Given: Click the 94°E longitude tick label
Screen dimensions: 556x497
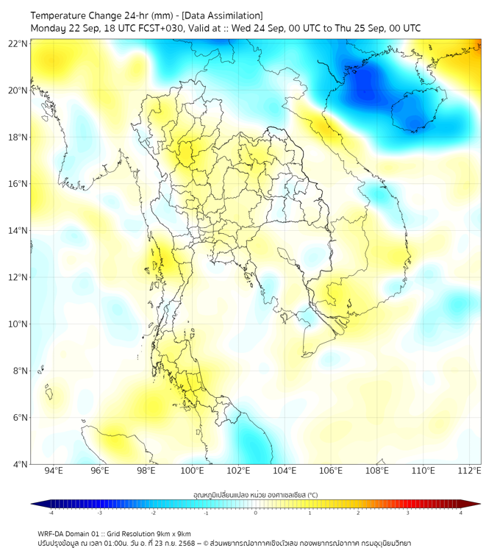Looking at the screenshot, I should click(54, 471).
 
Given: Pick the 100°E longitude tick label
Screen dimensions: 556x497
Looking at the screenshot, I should click(192, 471).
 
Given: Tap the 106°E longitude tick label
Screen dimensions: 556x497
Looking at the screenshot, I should click(331, 471).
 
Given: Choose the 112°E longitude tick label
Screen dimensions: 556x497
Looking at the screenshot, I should click(470, 471).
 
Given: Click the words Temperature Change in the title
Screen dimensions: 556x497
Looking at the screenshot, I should click(72, 15).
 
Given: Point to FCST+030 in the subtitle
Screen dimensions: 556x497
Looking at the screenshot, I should click(160, 29).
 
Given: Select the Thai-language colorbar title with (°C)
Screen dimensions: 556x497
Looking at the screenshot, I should click(255, 495).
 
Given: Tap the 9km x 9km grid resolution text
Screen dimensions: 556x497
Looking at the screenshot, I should click(168, 533).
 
